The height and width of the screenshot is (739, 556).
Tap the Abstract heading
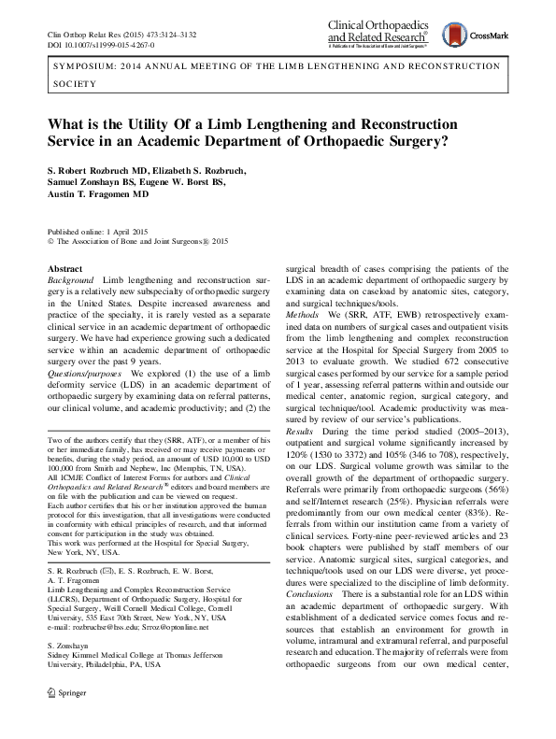click(x=64, y=268)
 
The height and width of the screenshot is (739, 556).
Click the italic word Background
click(x=70, y=281)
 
